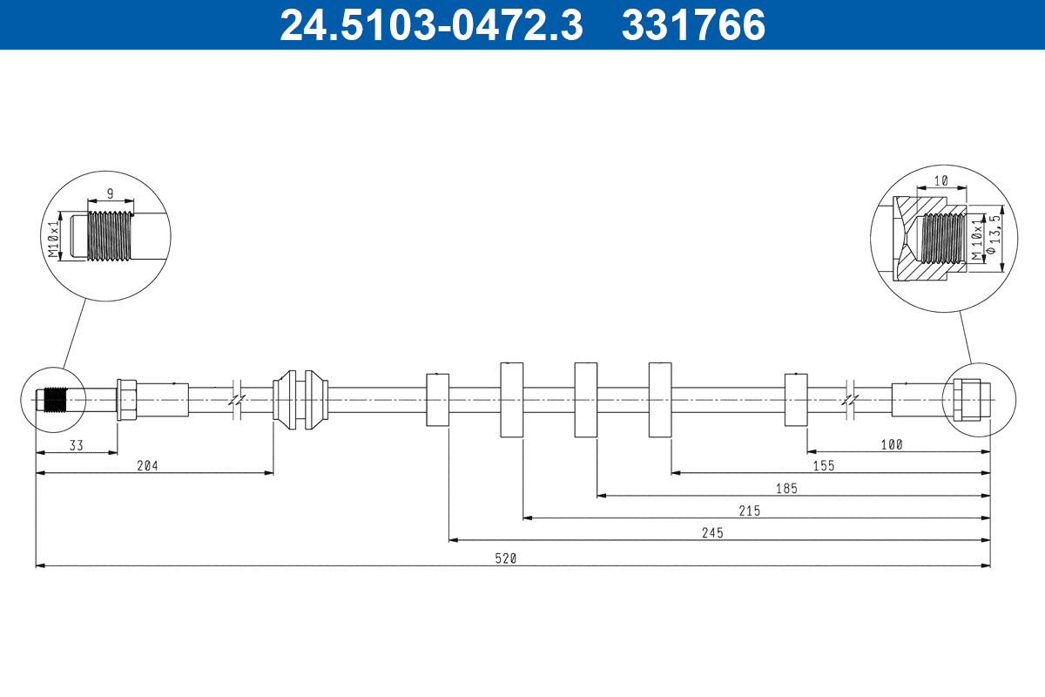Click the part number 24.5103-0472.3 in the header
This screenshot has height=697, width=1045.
tap(430, 25)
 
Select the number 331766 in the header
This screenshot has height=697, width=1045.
tap(693, 25)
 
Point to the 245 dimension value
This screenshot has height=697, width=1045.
tap(712, 533)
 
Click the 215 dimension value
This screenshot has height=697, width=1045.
tap(750, 511)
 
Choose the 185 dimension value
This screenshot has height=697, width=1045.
tap(786, 489)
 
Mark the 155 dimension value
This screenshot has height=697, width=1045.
tap(824, 466)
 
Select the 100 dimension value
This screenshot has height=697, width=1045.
tap(892, 444)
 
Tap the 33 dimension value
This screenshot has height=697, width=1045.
tap(77, 444)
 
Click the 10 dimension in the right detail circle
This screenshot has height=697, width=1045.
tap(940, 180)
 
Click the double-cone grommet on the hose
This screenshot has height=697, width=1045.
tap(300, 400)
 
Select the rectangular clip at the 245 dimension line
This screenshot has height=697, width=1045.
tap(437, 400)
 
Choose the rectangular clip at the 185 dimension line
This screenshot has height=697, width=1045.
tap(585, 400)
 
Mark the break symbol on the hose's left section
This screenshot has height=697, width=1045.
tap(237, 400)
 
